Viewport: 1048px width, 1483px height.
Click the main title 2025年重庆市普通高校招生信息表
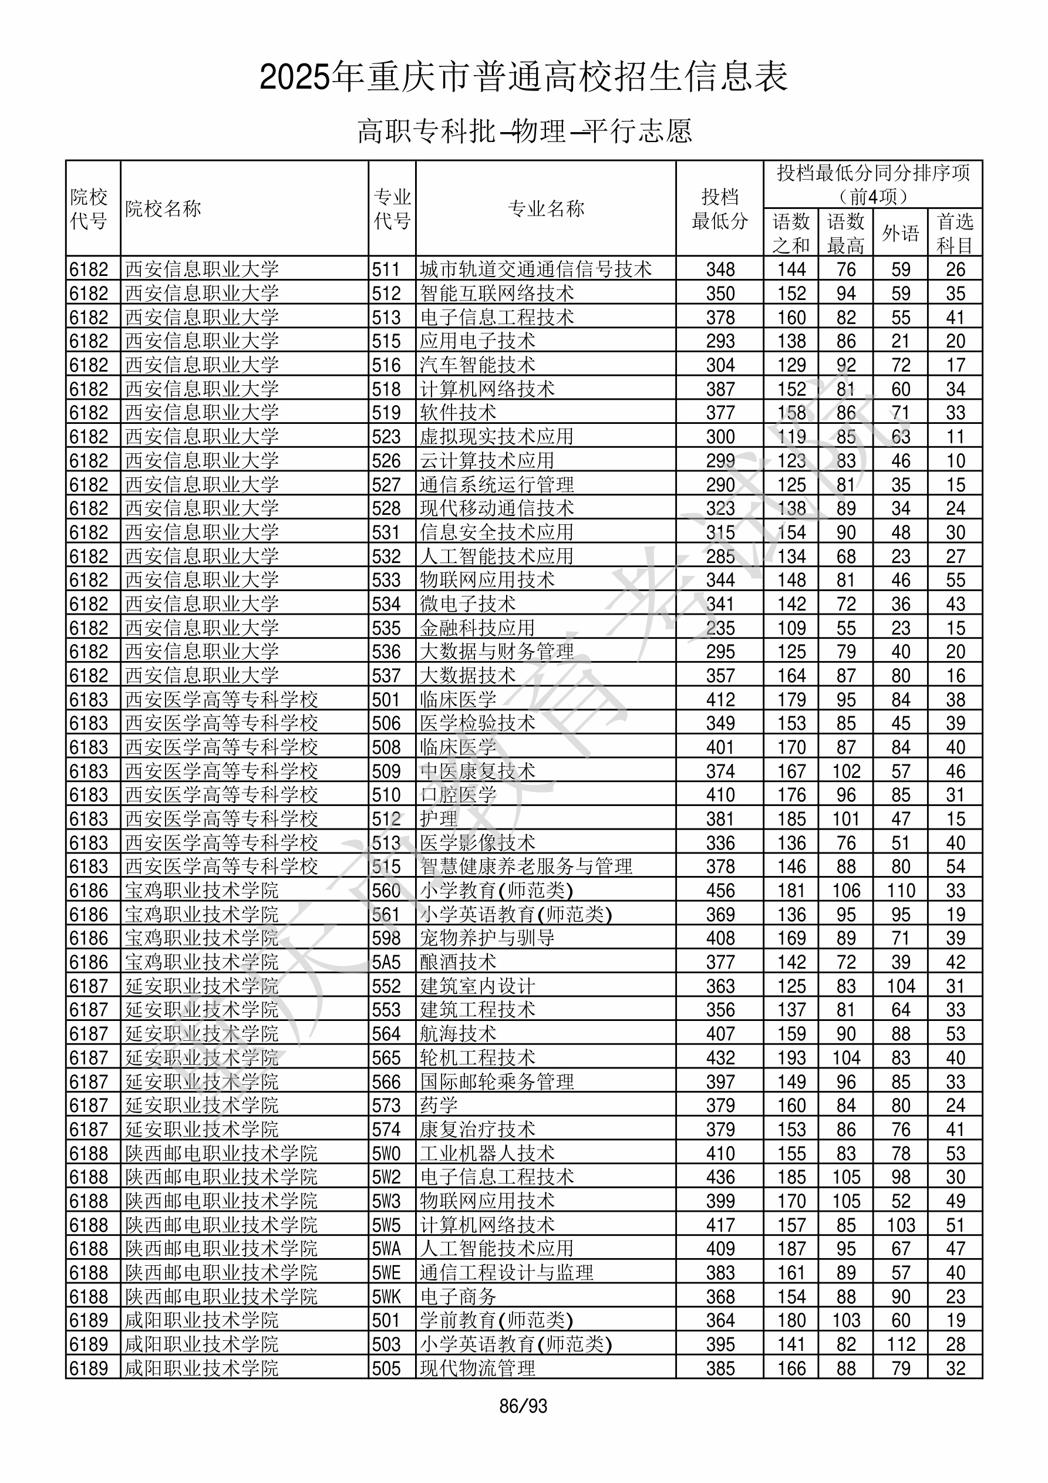click(523, 77)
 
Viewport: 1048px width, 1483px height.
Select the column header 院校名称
click(163, 208)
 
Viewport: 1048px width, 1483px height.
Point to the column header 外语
click(900, 232)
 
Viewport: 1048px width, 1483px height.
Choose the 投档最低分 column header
click(719, 208)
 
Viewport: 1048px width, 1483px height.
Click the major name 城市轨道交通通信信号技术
click(535, 269)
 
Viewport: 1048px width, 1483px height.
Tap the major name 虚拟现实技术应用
click(496, 437)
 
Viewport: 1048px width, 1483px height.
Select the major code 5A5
click(386, 962)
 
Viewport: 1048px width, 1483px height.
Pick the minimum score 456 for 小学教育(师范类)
click(720, 891)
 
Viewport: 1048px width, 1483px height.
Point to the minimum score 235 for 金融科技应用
click(720, 628)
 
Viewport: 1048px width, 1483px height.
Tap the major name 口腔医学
click(457, 795)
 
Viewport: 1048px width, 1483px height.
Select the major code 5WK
click(386, 1297)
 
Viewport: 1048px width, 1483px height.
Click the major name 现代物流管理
click(477, 1369)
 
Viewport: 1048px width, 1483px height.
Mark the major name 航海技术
click(457, 1034)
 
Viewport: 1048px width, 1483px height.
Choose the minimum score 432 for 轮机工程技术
click(720, 1058)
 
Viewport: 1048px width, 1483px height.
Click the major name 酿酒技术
click(457, 962)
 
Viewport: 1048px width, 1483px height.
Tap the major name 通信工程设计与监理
click(506, 1273)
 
